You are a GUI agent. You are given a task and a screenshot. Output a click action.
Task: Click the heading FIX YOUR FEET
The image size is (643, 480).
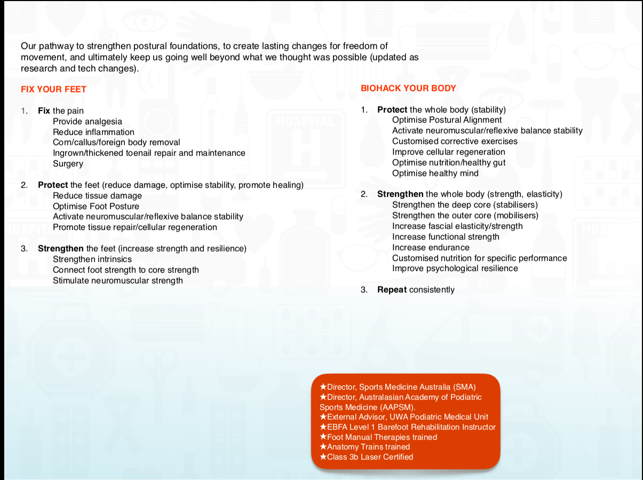(x=53, y=89)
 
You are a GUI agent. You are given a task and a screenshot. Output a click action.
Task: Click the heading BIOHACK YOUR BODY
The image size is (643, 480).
(x=408, y=88)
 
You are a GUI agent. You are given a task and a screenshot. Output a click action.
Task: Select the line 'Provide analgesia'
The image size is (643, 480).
(x=88, y=122)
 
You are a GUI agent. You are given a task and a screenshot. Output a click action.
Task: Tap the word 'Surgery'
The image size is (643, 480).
(x=68, y=164)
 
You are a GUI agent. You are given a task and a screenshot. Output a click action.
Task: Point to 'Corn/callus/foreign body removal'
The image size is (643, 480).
(x=116, y=143)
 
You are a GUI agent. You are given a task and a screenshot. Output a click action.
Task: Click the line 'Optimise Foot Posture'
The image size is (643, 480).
(x=96, y=206)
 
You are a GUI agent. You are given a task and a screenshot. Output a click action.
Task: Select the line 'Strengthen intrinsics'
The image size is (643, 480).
(x=92, y=259)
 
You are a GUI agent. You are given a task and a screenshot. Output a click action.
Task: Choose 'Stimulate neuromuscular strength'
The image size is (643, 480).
(x=118, y=281)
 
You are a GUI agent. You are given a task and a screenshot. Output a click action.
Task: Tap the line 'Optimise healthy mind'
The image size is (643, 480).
(x=435, y=173)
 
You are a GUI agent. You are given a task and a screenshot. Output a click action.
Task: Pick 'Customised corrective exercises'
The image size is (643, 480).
(x=455, y=141)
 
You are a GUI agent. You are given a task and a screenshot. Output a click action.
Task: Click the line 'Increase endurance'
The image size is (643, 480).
(x=431, y=247)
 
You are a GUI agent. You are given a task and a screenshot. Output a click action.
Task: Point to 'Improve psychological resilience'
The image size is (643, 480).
(x=455, y=268)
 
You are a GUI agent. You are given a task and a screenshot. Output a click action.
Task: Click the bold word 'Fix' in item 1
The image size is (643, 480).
(x=44, y=111)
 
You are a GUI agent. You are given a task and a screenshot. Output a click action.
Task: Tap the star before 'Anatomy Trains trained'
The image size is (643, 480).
(x=323, y=447)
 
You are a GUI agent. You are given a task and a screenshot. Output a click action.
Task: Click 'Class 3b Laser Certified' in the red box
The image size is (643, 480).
(x=370, y=457)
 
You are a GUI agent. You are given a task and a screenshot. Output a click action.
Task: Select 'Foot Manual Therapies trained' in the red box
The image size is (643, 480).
(x=382, y=437)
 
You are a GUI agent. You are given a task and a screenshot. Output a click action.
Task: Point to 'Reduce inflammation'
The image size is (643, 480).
(x=93, y=132)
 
